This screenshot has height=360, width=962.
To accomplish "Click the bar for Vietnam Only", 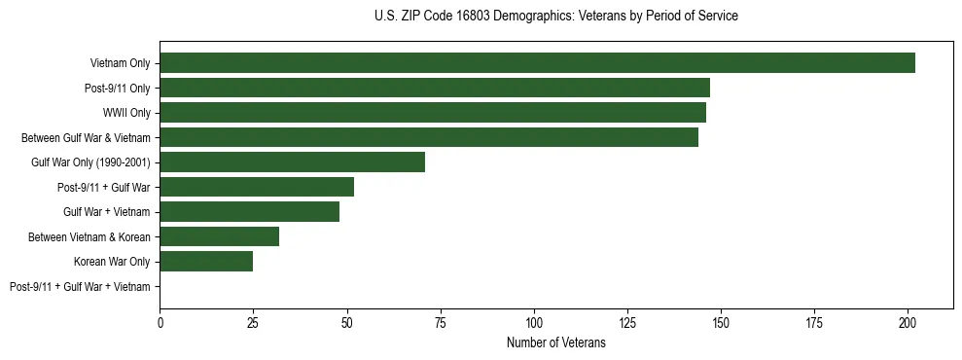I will pos(537,63).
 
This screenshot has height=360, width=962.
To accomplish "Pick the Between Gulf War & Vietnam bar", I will pos(429,137).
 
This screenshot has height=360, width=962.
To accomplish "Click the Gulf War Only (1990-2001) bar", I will pos(293,162).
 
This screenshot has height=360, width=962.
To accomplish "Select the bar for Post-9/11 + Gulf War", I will pos(257,187).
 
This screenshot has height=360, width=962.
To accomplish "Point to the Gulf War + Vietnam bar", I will pos(250,211).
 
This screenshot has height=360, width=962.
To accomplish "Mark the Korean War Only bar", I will pos(206,261).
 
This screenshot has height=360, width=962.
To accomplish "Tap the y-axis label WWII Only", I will pos(126,113).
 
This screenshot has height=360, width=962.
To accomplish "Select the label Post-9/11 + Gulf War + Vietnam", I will pos(80,286).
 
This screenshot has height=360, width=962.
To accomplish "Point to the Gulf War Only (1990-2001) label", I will pos(90,162).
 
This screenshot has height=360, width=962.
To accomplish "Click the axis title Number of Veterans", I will pos(556,342).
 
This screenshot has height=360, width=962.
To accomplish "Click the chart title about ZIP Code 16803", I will pos(556,17).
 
